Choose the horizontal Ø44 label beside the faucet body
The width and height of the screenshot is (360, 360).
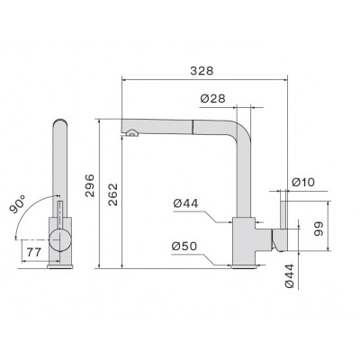(184, 204)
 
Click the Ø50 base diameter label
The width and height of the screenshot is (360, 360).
(184, 246)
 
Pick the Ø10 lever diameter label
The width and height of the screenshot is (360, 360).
(303, 184)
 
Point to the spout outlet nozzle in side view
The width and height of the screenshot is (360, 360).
(133, 134)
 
